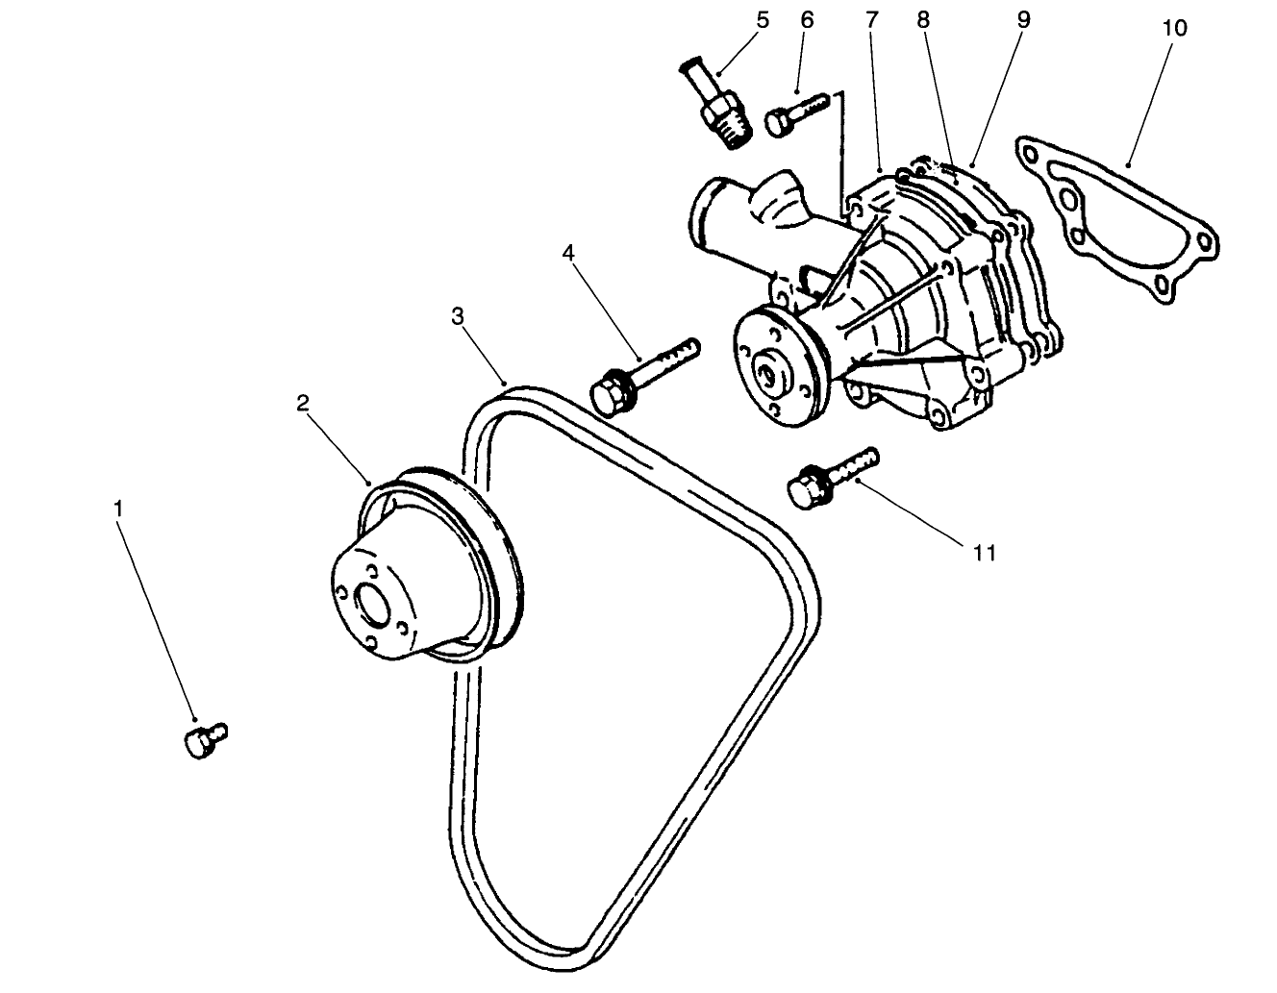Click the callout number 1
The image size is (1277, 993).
tap(118, 508)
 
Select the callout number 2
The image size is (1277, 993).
tap(302, 404)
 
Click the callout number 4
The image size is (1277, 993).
tap(568, 254)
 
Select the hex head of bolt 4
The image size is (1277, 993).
tap(608, 397)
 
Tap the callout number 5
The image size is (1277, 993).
tap(763, 20)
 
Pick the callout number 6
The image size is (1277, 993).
tap(806, 20)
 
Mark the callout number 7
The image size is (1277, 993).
tap(872, 20)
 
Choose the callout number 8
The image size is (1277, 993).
tap(924, 20)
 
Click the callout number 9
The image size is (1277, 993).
tap(1022, 20)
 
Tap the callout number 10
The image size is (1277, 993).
tap(1173, 28)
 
